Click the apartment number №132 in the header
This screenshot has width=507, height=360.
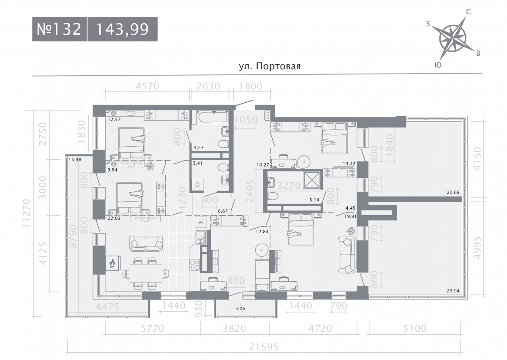point(59,29)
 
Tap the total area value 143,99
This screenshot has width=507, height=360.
point(123,30)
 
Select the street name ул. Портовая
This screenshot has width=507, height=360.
point(270,66)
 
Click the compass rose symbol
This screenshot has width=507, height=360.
point(452,38)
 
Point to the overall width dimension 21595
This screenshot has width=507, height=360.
point(264,347)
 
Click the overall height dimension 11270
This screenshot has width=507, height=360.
point(26,213)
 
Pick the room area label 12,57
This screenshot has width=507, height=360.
point(114,119)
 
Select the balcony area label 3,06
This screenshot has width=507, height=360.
point(240,308)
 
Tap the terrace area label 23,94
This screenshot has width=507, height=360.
point(453,291)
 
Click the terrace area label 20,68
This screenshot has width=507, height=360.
point(453,192)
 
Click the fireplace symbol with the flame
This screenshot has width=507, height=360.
point(113,263)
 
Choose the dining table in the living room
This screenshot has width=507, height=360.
point(146,273)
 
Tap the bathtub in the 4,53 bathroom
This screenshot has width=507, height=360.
point(212,117)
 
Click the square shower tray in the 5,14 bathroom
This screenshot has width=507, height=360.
point(312,180)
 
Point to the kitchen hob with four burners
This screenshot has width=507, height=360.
point(194,265)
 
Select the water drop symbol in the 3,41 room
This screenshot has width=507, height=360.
point(198,184)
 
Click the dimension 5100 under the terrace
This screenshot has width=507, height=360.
point(414,328)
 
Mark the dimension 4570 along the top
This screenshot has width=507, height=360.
point(147,86)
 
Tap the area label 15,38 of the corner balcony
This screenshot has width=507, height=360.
point(75,159)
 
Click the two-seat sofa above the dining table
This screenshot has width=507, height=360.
point(146,243)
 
